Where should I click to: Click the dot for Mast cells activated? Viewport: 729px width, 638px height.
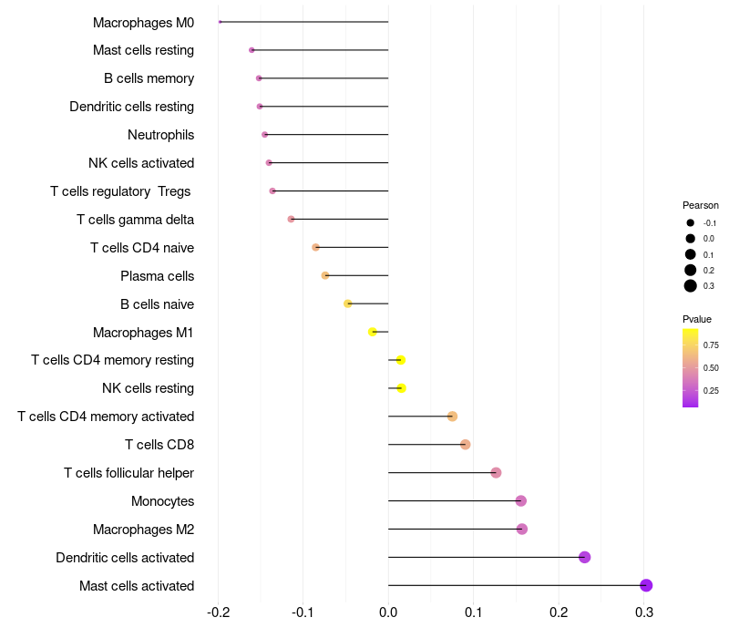point(646,585)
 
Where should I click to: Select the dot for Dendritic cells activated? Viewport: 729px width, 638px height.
point(584,557)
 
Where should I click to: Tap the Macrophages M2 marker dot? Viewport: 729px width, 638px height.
point(521,529)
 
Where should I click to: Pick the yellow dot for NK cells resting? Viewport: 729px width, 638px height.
point(401,388)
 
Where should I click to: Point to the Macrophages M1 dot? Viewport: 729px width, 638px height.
point(373,332)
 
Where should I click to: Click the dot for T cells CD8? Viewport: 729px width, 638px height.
point(465,445)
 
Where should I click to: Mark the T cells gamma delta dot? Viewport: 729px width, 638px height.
point(291,219)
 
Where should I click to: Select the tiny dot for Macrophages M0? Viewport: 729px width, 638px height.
point(221,22)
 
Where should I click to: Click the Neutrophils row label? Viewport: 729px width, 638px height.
point(160,135)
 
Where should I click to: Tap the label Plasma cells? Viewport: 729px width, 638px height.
point(157,276)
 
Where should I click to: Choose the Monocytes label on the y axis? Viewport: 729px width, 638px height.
point(162,501)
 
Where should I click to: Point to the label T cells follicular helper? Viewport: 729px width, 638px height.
point(128,473)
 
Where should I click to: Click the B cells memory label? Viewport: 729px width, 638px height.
point(149,78)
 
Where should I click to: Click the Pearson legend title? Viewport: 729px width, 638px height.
point(701,205)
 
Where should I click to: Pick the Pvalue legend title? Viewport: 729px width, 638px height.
point(697,319)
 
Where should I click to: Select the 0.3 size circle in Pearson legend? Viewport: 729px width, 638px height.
point(691,286)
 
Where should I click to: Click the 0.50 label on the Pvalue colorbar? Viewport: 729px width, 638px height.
point(711,368)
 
